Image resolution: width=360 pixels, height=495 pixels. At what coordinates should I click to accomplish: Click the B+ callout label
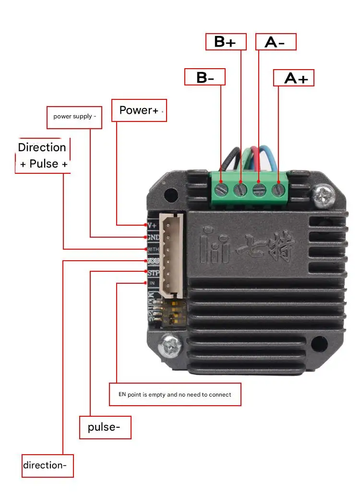pyautogui.click(x=226, y=42)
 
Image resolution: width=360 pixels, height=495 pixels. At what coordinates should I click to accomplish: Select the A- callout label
pyautogui.click(x=276, y=42)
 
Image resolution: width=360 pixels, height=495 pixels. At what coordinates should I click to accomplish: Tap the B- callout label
pyautogui.click(x=205, y=77)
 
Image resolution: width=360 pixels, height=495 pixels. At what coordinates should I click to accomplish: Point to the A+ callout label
pyautogui.click(x=294, y=78)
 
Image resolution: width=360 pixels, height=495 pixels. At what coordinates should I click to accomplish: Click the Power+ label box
pyautogui.click(x=139, y=110)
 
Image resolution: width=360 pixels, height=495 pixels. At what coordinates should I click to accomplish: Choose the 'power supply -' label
pyautogui.click(x=74, y=117)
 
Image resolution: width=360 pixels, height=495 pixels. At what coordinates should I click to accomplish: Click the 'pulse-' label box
pyautogui.click(x=105, y=427)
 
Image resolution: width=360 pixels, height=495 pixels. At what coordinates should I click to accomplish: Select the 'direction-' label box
pyautogui.click(x=48, y=465)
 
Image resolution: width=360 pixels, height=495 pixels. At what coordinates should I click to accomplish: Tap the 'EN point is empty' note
pyautogui.click(x=175, y=395)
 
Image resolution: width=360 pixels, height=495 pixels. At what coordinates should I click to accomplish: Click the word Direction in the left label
pyautogui.click(x=42, y=147)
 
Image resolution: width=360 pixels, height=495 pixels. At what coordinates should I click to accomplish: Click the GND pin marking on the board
pyautogui.click(x=153, y=237)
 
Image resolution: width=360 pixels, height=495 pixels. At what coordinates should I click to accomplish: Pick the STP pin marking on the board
pyautogui.click(x=153, y=273)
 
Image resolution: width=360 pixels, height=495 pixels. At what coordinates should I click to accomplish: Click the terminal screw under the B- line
pyautogui.click(x=221, y=189)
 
